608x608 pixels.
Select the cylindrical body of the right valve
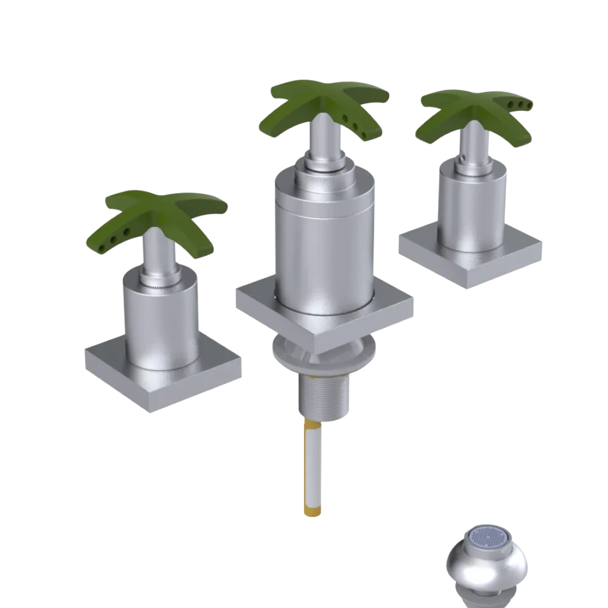(471, 207)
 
